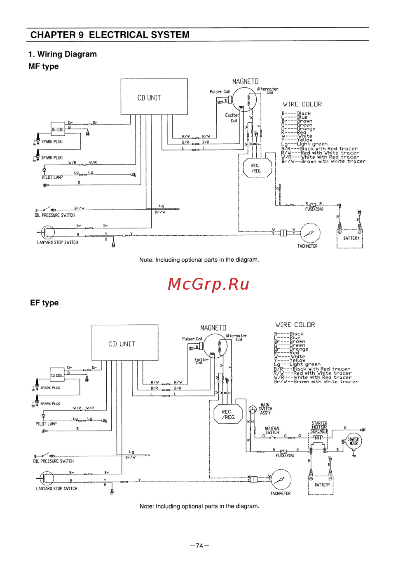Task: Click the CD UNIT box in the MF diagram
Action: click(154, 97)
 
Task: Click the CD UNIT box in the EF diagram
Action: click(124, 342)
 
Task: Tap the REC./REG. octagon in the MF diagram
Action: click(257, 168)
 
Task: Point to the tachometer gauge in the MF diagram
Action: click(311, 233)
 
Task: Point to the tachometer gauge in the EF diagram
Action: click(281, 480)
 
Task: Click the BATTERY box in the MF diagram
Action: click(350, 238)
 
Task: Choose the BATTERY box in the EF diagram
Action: click(321, 485)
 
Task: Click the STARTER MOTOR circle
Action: click(353, 441)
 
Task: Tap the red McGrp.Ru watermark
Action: click(208, 284)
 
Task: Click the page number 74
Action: click(199, 546)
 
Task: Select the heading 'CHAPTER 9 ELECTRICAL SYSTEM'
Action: click(110, 35)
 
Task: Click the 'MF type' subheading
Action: click(44, 66)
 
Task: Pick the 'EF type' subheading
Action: click(44, 303)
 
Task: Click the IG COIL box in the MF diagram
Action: click(58, 129)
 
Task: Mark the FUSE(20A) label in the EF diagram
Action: click(285, 456)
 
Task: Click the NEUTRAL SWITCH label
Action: click(272, 431)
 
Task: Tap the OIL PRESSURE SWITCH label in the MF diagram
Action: click(55, 215)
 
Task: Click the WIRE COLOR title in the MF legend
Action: click(302, 104)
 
